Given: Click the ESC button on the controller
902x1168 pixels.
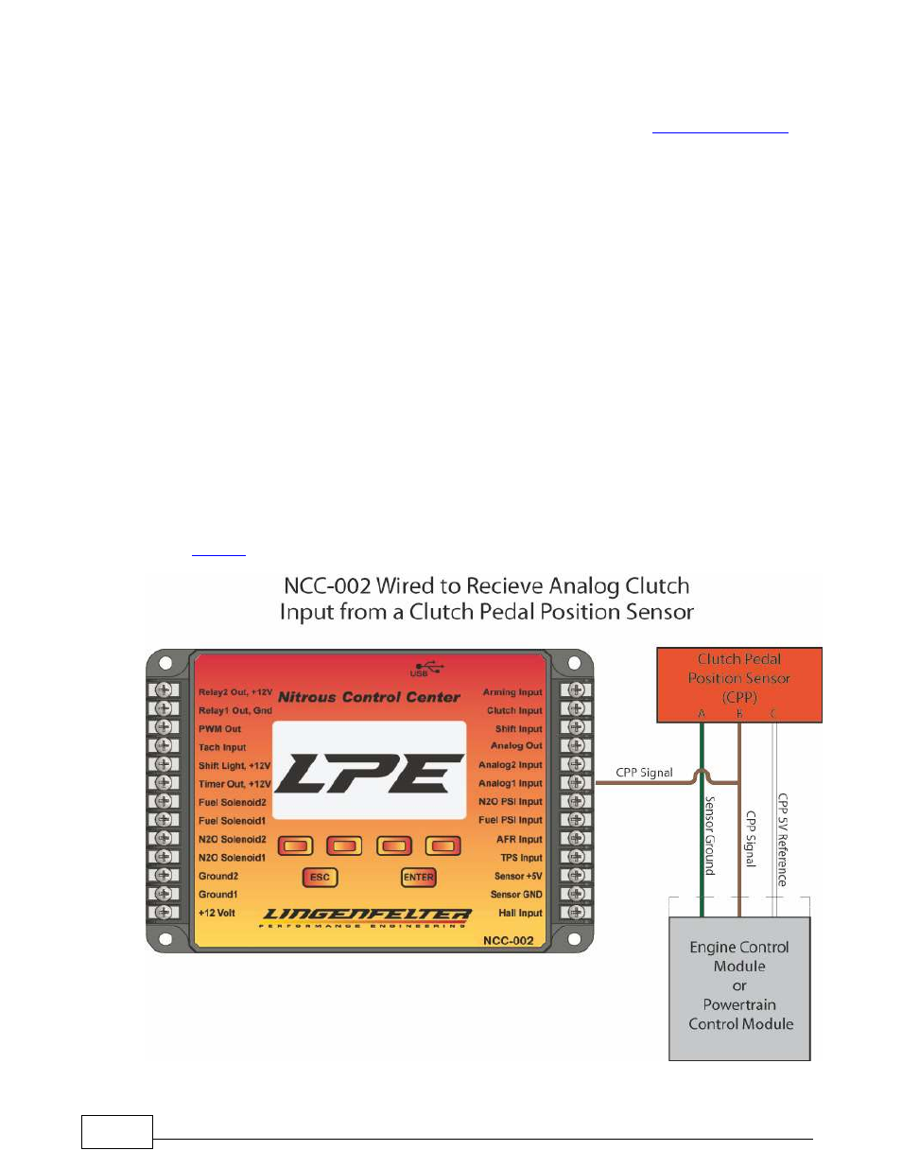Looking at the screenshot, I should (x=320, y=877).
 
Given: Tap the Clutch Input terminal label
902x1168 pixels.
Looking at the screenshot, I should (x=514, y=710).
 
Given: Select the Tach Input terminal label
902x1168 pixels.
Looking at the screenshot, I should (x=222, y=747).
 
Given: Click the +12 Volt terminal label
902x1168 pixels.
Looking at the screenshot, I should (x=217, y=913).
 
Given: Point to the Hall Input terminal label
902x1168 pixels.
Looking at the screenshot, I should (x=520, y=913).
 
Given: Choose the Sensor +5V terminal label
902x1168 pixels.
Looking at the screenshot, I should (x=518, y=876).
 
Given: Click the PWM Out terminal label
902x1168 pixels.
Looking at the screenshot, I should (x=219, y=729).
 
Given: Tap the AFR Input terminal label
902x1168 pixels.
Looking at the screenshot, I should (x=519, y=839).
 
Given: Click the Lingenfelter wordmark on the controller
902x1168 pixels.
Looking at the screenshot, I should (x=365, y=915).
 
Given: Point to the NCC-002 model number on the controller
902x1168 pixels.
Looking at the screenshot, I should (x=508, y=940).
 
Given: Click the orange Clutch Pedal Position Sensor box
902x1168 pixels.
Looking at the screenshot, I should (x=739, y=685).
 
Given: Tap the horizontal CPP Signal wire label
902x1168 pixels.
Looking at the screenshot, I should (x=644, y=773).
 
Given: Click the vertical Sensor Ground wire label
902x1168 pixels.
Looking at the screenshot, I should (x=710, y=835).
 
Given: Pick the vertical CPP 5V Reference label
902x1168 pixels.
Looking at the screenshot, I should (x=782, y=839).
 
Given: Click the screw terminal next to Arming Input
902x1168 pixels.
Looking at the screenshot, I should (x=576, y=690).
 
